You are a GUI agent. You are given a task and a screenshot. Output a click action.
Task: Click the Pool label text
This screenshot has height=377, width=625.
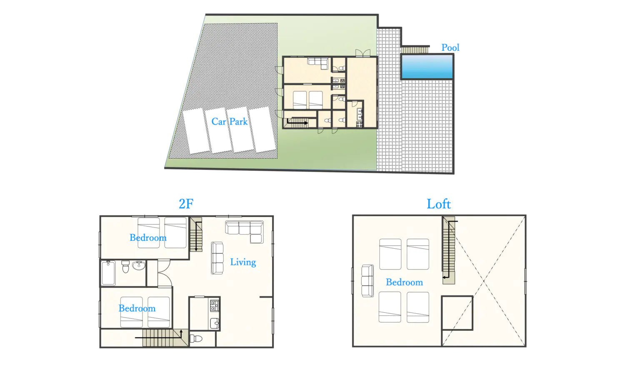pos(450,48)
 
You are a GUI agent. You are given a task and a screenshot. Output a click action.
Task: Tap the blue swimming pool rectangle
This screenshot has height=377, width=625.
pos(427,67)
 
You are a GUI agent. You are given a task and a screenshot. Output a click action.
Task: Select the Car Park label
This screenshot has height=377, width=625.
pos(229,122)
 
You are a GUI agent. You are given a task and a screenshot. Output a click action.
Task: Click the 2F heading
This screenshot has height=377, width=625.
pos(186,204)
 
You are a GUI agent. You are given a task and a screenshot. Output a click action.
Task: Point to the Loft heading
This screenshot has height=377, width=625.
pos(438,204)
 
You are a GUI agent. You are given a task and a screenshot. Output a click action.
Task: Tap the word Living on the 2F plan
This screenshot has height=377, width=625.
pos(243,262)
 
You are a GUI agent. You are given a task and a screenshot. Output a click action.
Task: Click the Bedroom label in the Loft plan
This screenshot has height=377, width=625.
pos(404,282)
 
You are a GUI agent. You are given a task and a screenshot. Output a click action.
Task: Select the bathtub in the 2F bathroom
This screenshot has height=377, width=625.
pos(108,273)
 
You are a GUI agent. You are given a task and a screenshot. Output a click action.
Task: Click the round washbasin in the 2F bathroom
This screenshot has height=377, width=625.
pos(139,265)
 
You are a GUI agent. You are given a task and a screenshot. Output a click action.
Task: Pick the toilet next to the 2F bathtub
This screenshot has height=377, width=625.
pos(125,266)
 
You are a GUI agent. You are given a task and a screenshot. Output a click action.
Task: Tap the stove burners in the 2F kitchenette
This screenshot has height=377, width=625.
pos(215,306)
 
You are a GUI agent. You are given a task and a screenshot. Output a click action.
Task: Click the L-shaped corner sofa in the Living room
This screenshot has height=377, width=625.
pos(246,230)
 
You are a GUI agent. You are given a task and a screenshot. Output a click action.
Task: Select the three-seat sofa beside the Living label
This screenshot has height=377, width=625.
pos(217,258)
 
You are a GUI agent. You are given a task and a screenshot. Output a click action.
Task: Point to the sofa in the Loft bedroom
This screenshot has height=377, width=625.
pos(367,281)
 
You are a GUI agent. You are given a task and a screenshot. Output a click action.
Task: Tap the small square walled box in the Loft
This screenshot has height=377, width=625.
pos(457,313)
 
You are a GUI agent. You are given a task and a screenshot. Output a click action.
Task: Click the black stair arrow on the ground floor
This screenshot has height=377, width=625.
pos(297,122)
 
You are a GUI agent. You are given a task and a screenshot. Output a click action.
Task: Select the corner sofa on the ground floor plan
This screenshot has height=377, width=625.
pos(318,63)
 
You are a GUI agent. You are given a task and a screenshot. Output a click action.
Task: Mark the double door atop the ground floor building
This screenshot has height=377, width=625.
pos(362,53)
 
